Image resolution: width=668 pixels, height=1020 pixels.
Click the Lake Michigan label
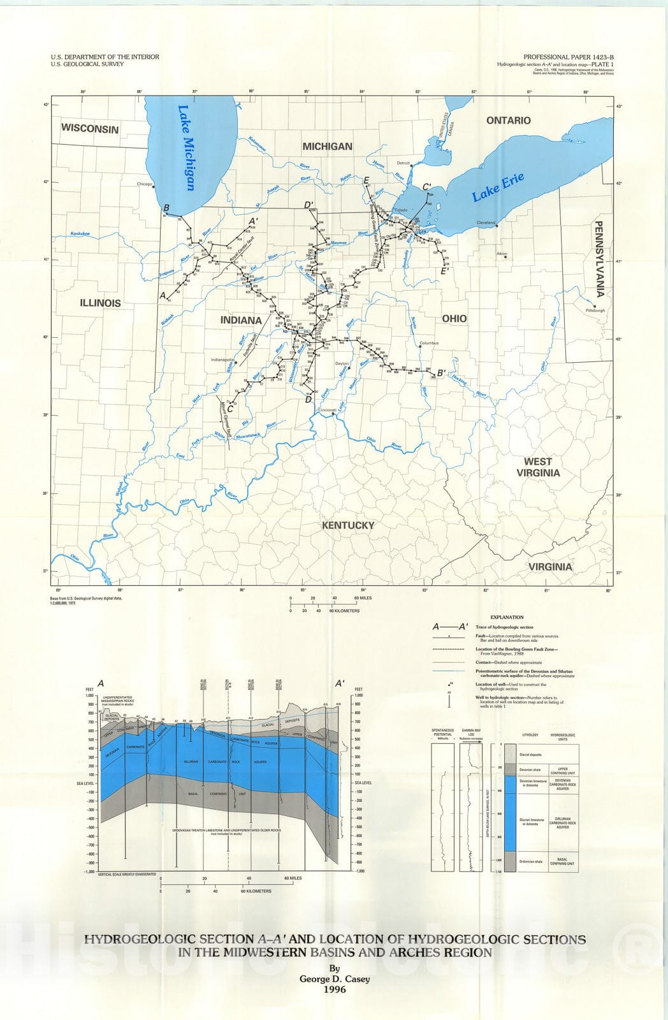[185, 148]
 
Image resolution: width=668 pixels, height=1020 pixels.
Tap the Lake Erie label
[498, 187]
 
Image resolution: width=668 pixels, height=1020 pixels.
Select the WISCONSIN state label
[90, 128]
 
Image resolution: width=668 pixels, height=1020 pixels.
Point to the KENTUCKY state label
[347, 525]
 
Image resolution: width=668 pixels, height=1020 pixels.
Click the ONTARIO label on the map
[508, 120]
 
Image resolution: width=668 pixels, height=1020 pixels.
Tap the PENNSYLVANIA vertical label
[599, 258]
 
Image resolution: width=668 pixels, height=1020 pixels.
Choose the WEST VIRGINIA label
[542, 467]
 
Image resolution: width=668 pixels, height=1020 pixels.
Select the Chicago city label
[146, 184]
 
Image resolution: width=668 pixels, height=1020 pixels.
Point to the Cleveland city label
[486, 222]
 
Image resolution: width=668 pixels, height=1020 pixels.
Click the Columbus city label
[429, 344]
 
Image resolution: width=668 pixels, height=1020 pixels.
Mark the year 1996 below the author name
[335, 989]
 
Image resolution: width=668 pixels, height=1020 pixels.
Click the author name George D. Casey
[335, 978]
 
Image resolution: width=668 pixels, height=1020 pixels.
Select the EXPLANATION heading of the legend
[507, 617]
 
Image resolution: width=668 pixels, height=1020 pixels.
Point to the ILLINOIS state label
[100, 303]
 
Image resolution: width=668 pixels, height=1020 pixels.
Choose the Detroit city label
[402, 163]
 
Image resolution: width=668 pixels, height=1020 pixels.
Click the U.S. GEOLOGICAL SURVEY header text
[87, 64]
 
